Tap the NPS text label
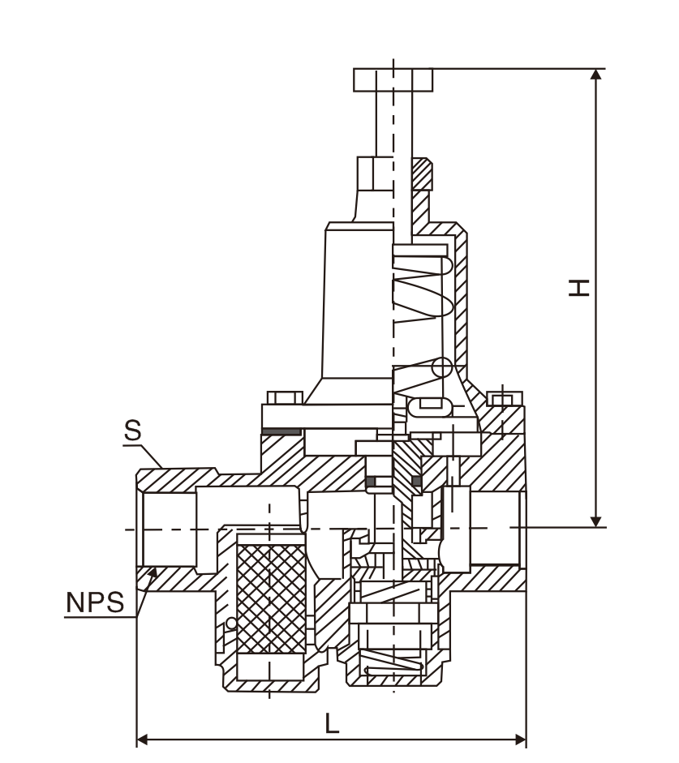point(94,602)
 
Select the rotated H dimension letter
point(577,287)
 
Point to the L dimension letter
point(332,724)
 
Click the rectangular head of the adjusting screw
point(393,79)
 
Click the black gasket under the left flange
point(280,431)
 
